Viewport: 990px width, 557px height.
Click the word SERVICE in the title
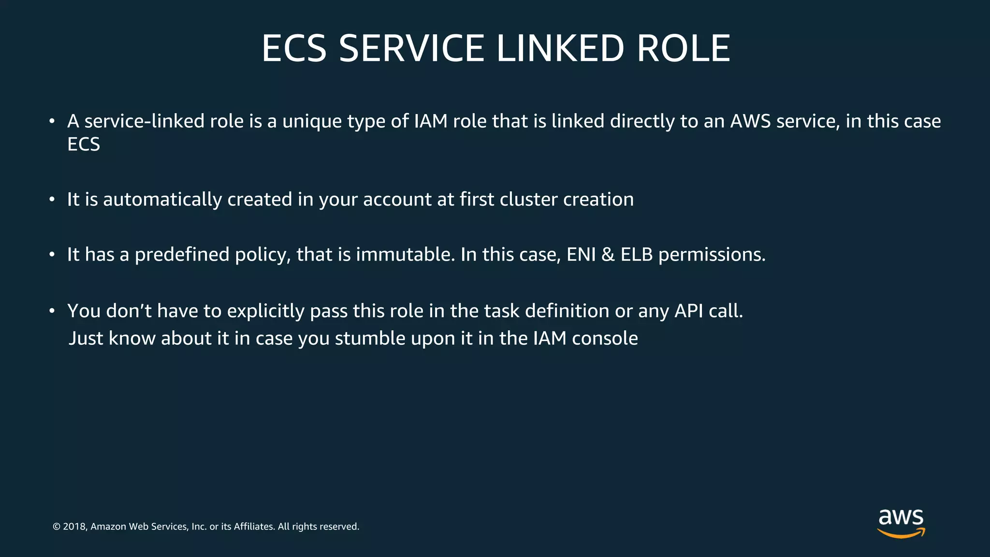tap(411, 49)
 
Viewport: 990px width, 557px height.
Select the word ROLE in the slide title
tap(683, 49)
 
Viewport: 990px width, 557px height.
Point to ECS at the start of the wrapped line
tap(84, 145)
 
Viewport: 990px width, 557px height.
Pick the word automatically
tap(162, 200)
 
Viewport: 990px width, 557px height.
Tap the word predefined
tap(182, 255)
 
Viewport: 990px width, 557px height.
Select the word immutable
tap(405, 255)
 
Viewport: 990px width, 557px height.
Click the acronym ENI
tap(581, 255)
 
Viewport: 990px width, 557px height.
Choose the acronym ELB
tap(637, 255)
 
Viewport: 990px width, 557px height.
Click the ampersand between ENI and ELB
tap(608, 255)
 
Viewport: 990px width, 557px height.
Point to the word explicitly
tap(265, 311)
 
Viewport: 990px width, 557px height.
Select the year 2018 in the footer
tap(74, 527)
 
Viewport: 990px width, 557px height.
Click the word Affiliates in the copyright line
tap(254, 527)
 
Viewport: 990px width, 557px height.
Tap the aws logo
tap(901, 523)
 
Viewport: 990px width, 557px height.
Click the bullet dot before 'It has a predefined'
tap(52, 255)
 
